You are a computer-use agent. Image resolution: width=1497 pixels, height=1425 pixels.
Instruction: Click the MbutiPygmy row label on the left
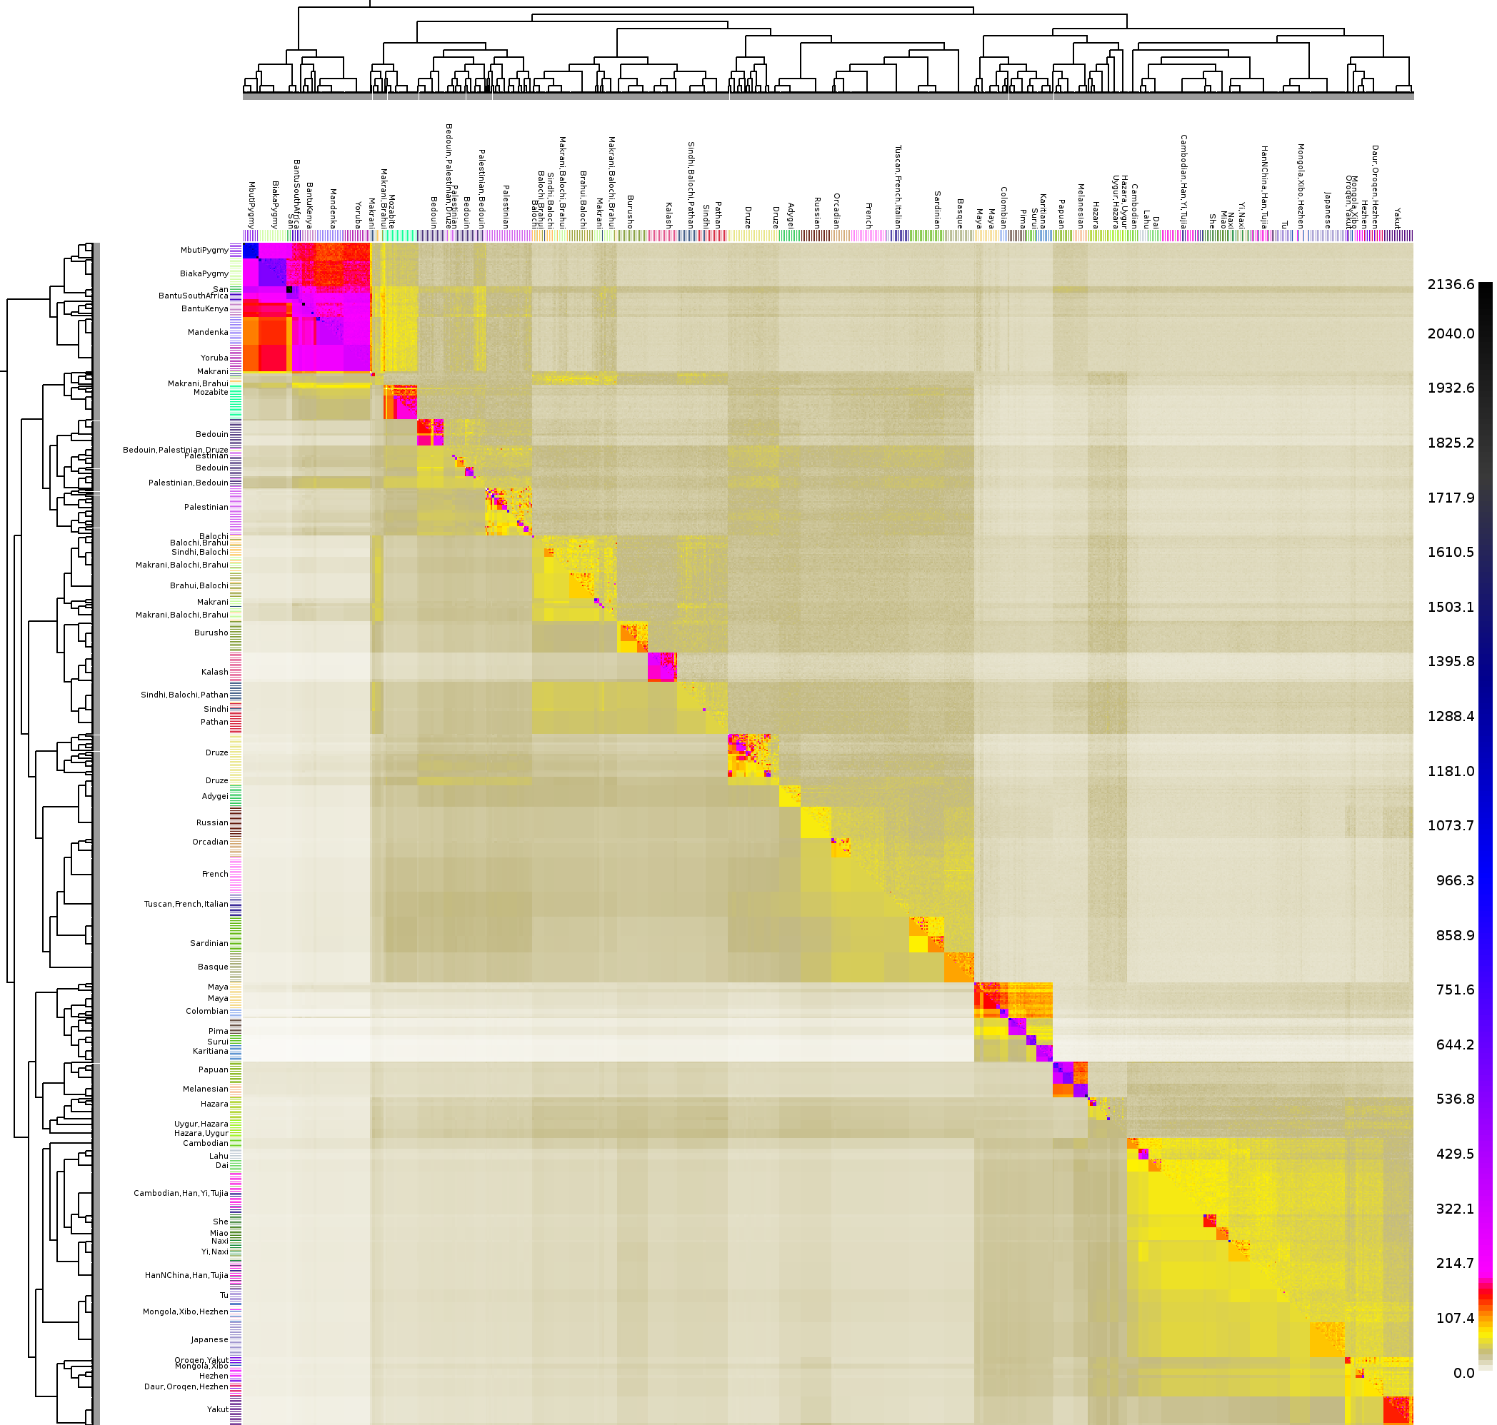204,250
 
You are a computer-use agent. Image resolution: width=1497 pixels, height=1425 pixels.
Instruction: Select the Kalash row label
214,672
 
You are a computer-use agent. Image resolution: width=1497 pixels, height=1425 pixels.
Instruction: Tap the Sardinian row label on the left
209,942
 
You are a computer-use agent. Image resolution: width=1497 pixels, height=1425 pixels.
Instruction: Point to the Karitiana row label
210,1052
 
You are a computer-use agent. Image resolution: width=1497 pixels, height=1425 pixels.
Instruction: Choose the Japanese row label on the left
209,1339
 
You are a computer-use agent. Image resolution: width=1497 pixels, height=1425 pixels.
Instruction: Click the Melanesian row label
205,1089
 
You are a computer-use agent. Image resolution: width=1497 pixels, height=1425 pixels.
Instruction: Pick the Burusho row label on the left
211,632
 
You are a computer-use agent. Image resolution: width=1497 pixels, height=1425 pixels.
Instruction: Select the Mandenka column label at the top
333,208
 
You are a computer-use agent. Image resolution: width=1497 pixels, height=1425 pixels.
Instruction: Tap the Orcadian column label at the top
836,211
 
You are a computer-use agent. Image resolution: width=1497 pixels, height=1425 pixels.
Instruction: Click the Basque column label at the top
960,213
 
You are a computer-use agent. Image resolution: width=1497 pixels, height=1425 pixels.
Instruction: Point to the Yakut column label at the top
1397,218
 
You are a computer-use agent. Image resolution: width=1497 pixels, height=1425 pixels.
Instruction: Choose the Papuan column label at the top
1061,213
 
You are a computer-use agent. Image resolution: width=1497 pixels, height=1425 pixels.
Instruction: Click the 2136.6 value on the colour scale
1451,284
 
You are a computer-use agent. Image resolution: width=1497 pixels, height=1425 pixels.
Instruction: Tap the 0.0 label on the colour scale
1463,1373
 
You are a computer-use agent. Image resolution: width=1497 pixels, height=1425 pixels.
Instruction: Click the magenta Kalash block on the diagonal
661,666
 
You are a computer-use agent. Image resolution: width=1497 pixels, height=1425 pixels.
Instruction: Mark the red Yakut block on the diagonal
1397,1410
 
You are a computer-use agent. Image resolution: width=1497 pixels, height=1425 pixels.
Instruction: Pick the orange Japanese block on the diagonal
1326,1339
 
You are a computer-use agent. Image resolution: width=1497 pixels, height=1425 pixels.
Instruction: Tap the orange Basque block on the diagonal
958,967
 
